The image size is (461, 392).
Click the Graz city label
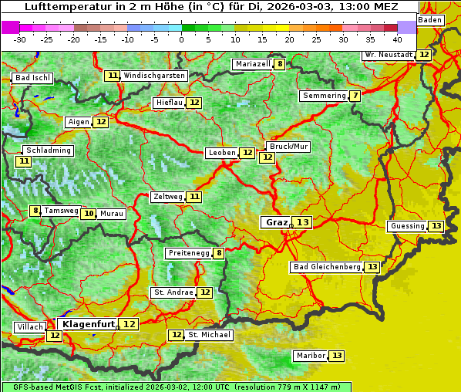click(275, 222)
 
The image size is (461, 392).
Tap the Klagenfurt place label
click(87, 324)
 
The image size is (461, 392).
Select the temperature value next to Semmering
click(354, 96)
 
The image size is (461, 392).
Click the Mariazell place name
click(253, 64)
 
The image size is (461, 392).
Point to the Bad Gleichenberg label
click(326, 267)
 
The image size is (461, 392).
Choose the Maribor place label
click(309, 356)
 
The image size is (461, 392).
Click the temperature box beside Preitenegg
click(219, 252)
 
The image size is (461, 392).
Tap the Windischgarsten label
click(154, 76)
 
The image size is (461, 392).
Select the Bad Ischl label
click(32, 78)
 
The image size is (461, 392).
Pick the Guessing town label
click(407, 226)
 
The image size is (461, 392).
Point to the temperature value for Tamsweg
click(35, 211)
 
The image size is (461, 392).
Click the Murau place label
click(112, 214)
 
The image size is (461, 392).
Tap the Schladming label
click(48, 150)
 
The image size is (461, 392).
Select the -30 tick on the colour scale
click(20, 39)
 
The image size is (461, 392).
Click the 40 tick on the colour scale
click(397, 39)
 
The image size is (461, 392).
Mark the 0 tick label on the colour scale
click(182, 39)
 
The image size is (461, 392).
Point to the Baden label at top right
click(431, 19)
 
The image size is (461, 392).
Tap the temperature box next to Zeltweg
click(194, 197)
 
